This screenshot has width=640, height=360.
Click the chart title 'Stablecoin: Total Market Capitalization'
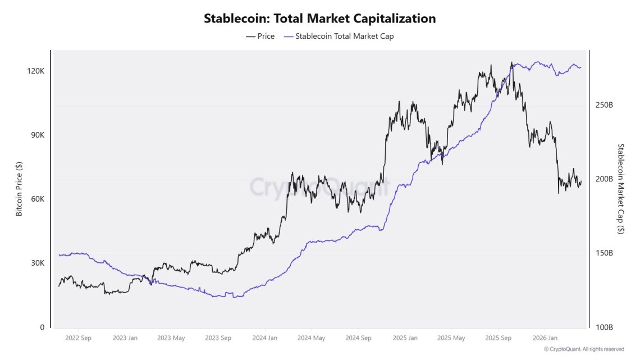(319, 18)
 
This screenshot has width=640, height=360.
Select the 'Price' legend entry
(260, 36)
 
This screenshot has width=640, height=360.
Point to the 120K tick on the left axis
(35, 71)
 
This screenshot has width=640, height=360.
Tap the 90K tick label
(37, 135)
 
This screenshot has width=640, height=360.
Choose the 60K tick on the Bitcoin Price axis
(37, 199)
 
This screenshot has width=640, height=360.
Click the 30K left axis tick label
(37, 263)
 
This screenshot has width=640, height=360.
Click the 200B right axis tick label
(604, 179)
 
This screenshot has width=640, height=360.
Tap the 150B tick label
(604, 253)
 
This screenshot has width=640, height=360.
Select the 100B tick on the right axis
(604, 327)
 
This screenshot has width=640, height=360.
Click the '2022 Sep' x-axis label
(78, 338)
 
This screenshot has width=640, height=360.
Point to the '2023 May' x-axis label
(171, 338)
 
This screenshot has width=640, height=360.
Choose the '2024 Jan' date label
(264, 338)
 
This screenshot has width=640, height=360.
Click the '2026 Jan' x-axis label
(545, 338)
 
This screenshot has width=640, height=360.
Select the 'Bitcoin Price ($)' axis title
(19, 189)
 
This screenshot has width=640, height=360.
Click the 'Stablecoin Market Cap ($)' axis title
(621, 189)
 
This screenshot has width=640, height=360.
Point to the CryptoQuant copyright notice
(584, 349)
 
